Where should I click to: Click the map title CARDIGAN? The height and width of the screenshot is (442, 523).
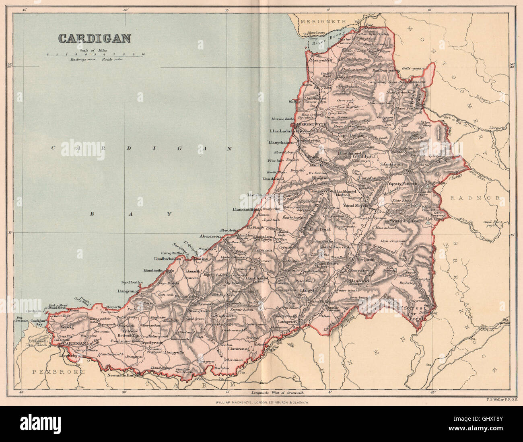(95, 38)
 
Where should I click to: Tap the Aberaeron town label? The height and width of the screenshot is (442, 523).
(210, 237)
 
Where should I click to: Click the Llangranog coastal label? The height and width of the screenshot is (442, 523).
(117, 290)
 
